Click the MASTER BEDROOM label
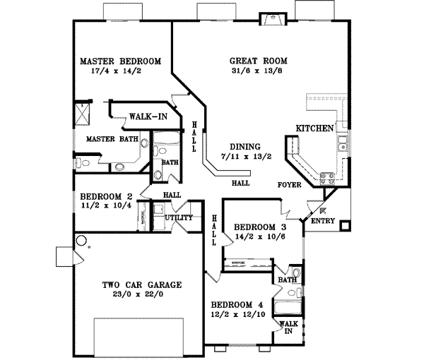[120, 61]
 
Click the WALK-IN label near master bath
[148, 115]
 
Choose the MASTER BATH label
[112, 139]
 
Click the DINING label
[236, 147]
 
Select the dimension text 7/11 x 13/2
[236, 157]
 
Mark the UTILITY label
[179, 218]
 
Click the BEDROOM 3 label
[259, 227]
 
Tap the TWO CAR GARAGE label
[142, 284]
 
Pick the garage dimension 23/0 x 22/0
[142, 295]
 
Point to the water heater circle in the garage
[82, 241]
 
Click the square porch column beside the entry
[344, 226]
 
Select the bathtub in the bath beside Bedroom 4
[288, 307]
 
